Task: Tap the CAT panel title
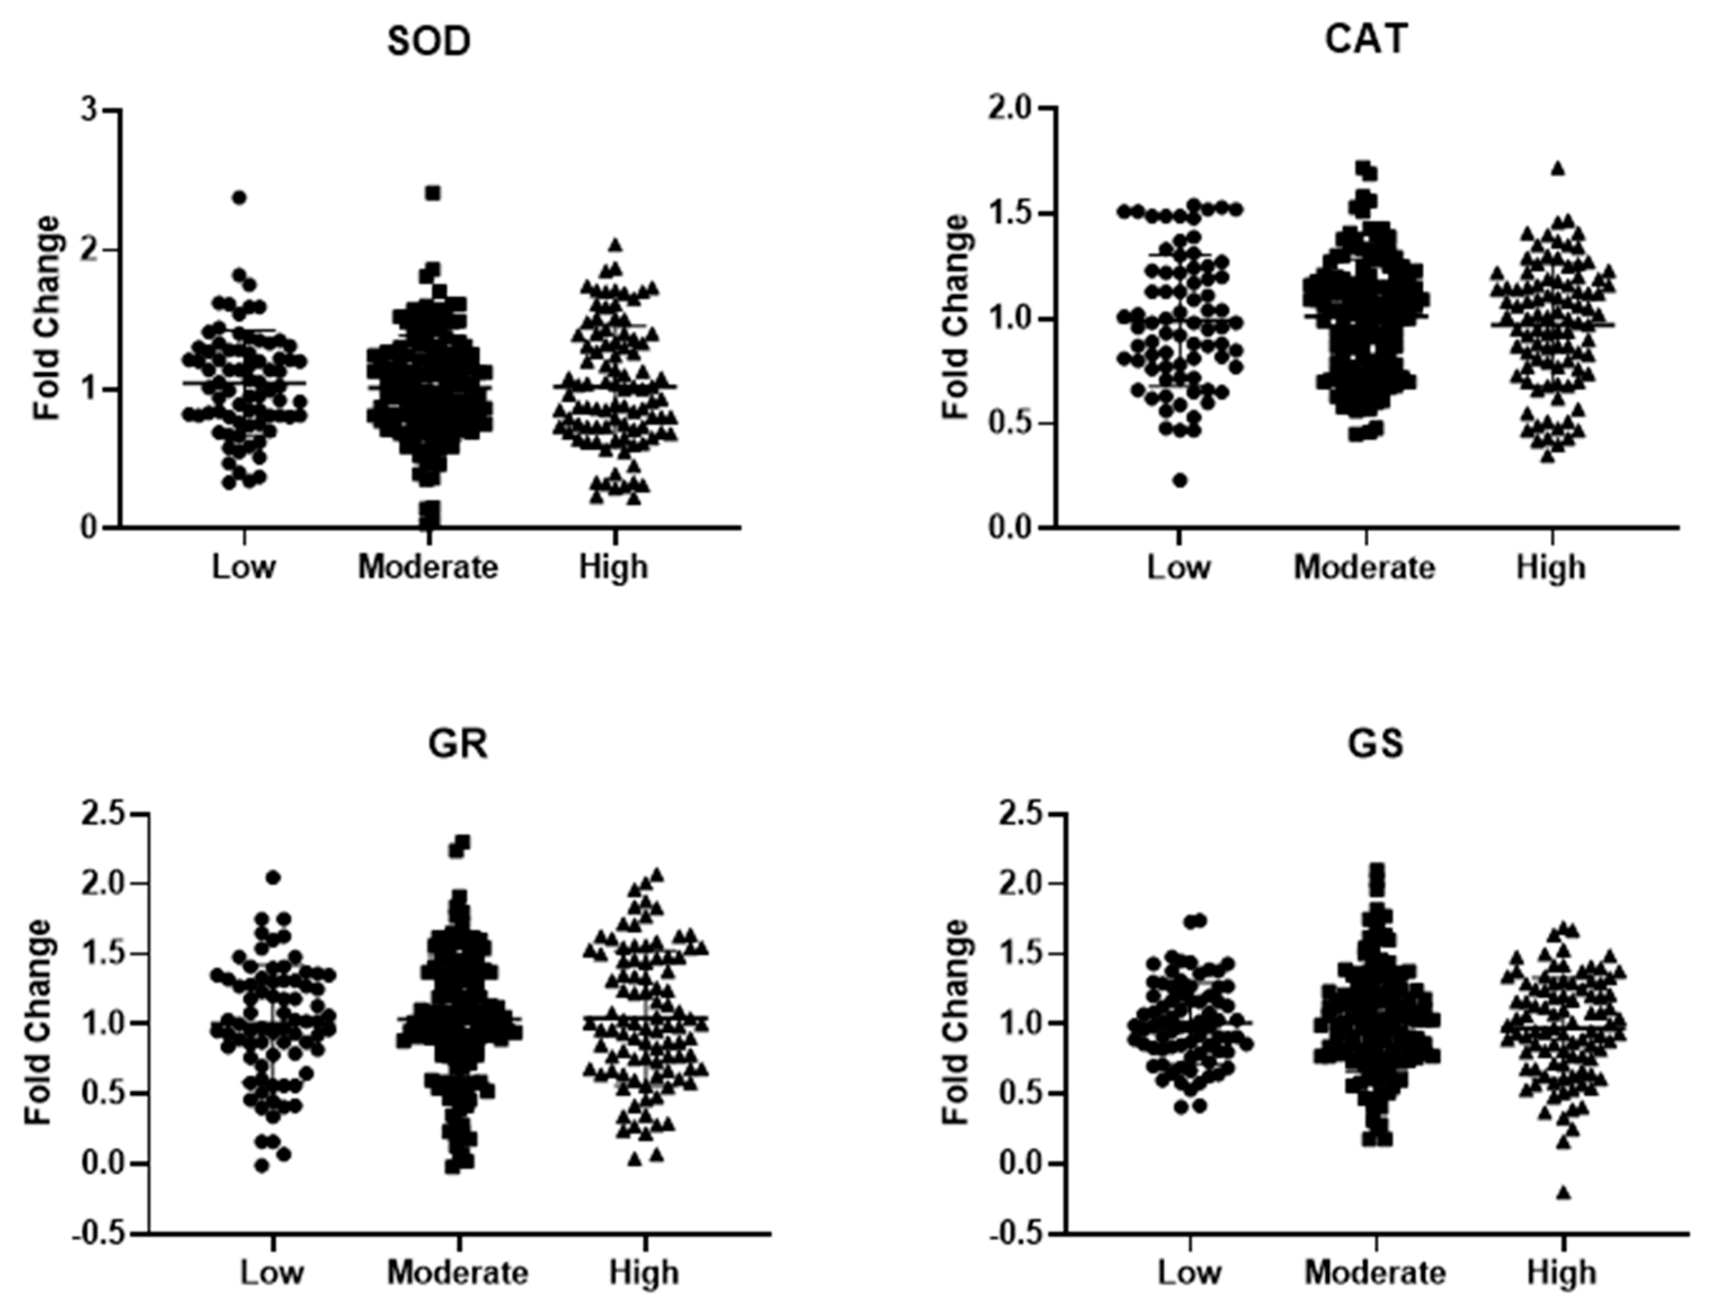1366,39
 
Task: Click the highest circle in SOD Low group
240,198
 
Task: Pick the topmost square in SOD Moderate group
433,192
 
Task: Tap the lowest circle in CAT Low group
1180,480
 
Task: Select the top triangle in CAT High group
1557,168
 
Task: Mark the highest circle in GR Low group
273,878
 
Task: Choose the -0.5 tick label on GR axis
100,1234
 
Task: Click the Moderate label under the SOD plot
428,567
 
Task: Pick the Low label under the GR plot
272,1272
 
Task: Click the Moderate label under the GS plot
1375,1272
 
